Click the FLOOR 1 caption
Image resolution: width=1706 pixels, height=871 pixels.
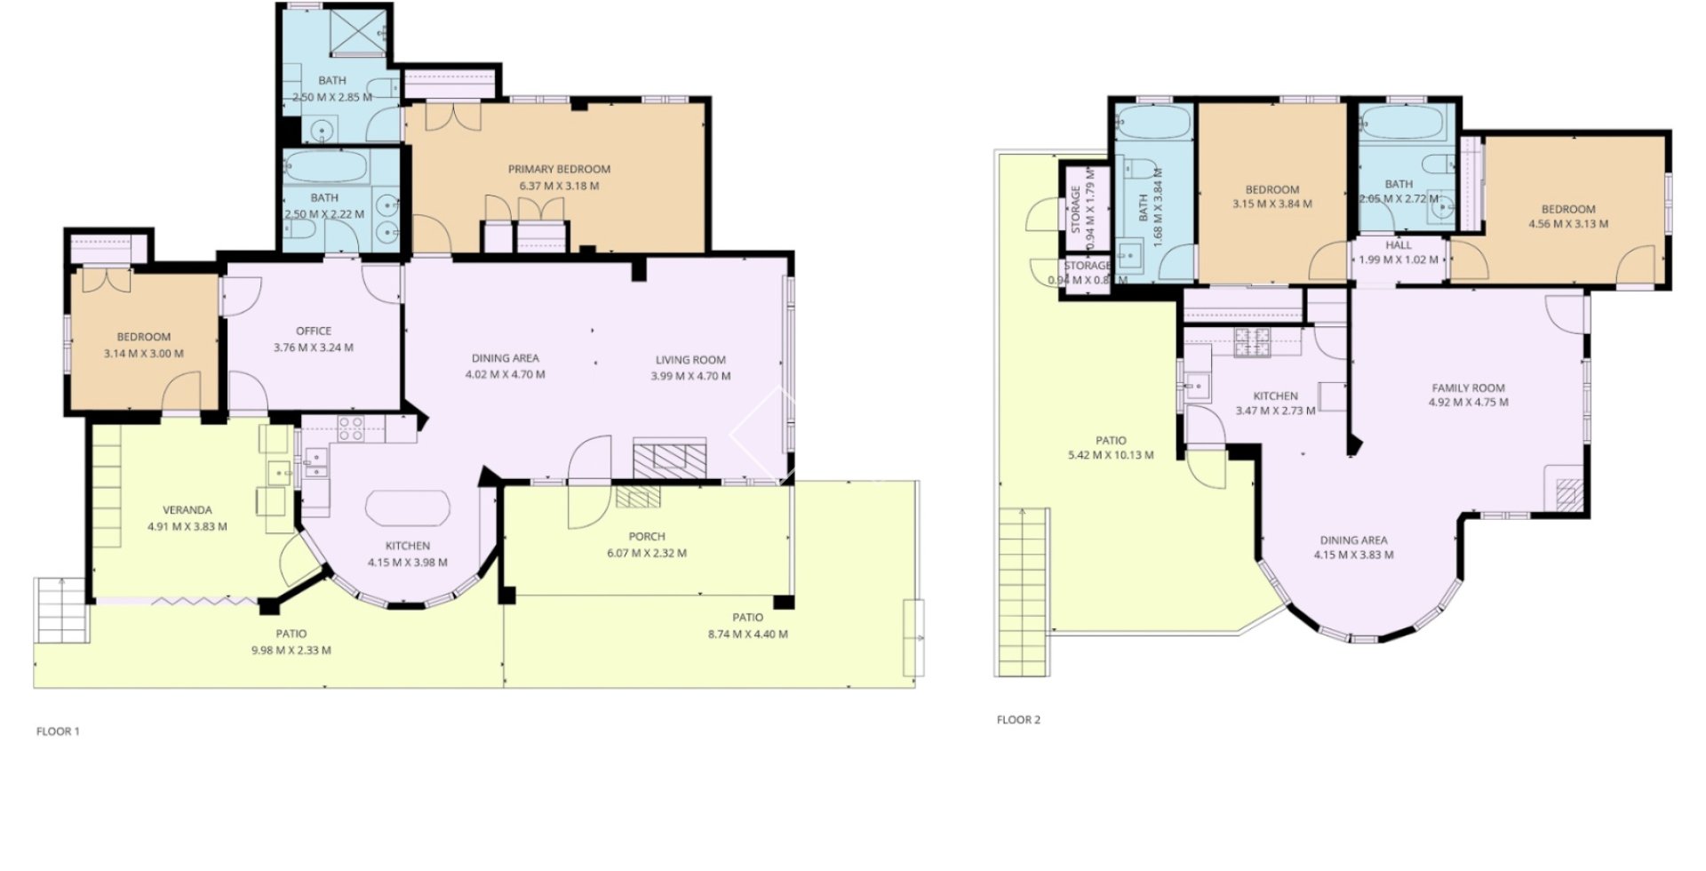(x=58, y=731)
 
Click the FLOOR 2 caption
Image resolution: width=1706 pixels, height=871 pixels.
(x=1018, y=720)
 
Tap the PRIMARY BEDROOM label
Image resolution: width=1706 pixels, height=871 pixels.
(x=559, y=169)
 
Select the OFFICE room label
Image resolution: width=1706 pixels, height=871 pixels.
(x=314, y=331)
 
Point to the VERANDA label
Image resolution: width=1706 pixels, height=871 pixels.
(x=187, y=510)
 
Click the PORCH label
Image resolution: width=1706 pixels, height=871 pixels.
(x=646, y=536)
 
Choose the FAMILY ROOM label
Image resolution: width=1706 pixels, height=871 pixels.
(x=1468, y=388)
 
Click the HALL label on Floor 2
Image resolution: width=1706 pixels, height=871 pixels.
(x=1398, y=245)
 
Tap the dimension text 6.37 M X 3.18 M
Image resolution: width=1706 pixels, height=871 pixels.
(x=559, y=187)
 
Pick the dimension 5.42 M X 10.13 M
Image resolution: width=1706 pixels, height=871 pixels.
(x=1111, y=455)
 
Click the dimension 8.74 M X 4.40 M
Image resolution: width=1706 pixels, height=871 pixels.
(x=747, y=635)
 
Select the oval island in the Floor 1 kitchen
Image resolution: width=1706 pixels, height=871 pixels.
(x=408, y=511)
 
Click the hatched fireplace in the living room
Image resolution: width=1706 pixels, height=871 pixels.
(x=670, y=457)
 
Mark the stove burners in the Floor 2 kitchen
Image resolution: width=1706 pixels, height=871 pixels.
(x=1252, y=342)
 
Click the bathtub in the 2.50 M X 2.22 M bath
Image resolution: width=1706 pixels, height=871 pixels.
(x=324, y=165)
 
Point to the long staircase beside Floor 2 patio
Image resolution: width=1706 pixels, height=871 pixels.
(x=1023, y=592)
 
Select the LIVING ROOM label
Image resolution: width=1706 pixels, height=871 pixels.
(x=690, y=360)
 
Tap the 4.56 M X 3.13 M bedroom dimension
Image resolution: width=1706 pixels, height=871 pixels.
(x=1567, y=224)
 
